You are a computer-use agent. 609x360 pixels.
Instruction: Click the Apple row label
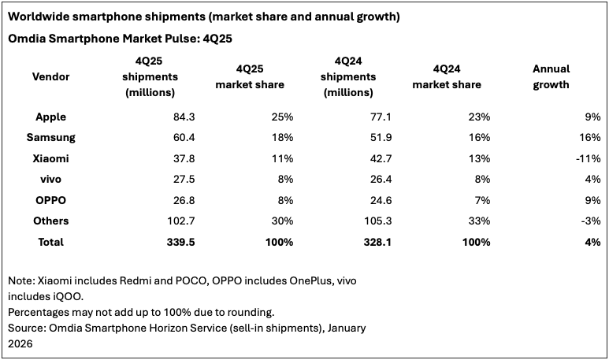click(50, 117)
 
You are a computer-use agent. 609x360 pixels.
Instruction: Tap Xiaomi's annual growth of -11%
click(587, 158)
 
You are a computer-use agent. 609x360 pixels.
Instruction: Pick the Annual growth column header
click(551, 76)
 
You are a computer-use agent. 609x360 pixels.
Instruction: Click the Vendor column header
click(50, 76)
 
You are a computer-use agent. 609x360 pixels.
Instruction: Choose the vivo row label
click(50, 179)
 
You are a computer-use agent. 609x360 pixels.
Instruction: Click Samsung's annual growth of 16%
click(589, 137)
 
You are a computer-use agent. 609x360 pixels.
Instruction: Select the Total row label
click(50, 242)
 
